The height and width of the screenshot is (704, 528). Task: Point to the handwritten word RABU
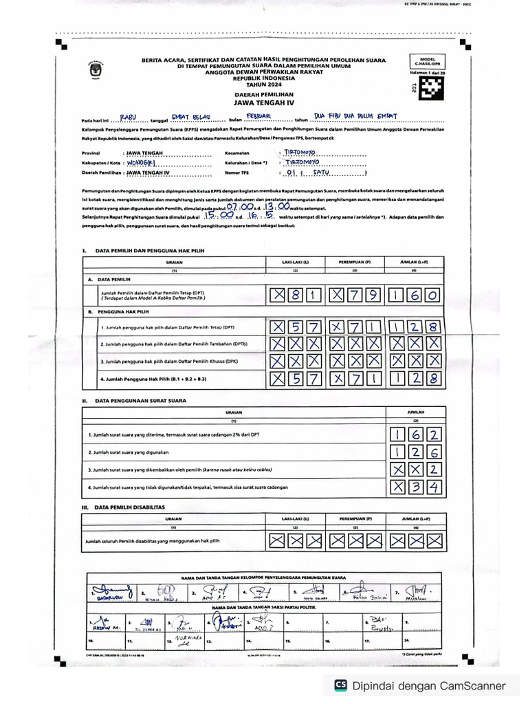tap(129, 118)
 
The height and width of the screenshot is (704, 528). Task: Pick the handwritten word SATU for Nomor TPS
tap(321, 173)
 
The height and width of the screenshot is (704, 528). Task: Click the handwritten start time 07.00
tap(241, 206)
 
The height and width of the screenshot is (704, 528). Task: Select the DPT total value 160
tap(415, 296)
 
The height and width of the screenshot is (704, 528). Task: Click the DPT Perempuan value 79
tap(355, 296)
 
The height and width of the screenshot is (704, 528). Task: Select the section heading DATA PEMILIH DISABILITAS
tap(129, 507)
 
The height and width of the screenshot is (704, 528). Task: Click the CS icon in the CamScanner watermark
tap(340, 685)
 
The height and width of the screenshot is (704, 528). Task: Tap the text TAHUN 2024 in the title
tap(264, 83)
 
